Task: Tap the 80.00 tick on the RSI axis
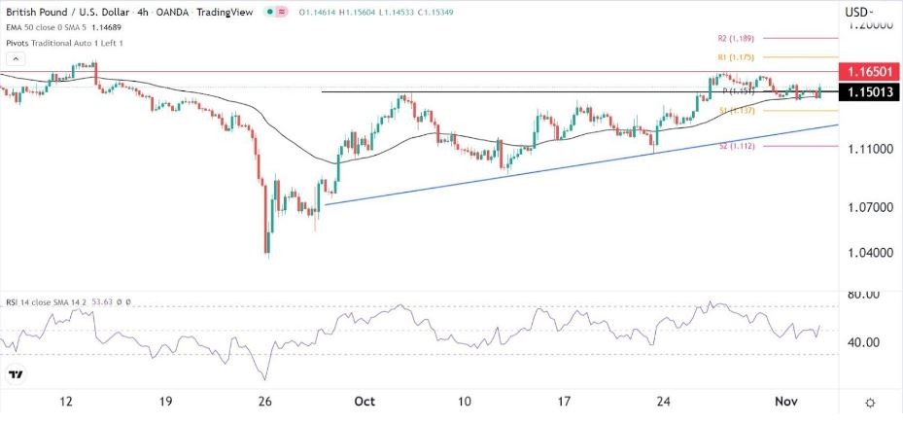pos(863,294)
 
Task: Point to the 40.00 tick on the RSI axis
pos(863,342)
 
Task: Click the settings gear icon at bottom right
pos(870,403)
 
